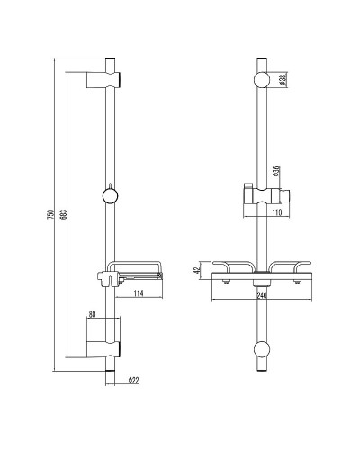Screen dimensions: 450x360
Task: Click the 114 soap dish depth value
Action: click(138, 292)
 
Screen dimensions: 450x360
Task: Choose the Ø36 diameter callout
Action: click(280, 171)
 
